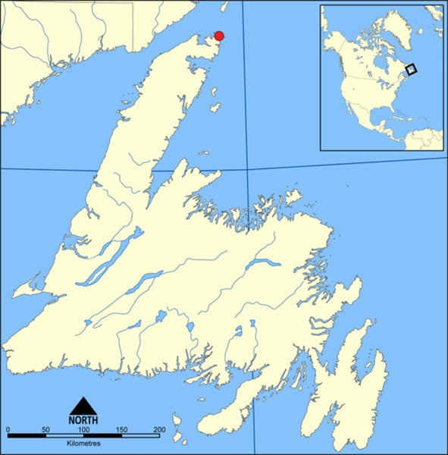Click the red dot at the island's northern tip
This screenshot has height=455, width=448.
click(x=219, y=36)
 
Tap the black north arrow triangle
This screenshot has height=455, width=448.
click(x=83, y=405)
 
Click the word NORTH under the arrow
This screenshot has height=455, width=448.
click(x=83, y=419)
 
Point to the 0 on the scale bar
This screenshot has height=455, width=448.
click(x=8, y=431)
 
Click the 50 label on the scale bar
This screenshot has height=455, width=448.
click(x=45, y=431)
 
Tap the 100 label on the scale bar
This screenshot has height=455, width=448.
click(x=83, y=431)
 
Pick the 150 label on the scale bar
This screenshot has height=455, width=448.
click(x=121, y=431)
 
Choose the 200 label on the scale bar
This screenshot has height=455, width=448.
click(x=159, y=431)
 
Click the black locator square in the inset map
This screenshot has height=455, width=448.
click(x=412, y=69)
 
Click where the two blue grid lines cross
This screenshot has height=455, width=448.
click(x=249, y=169)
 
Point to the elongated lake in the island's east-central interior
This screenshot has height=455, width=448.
click(x=262, y=265)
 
